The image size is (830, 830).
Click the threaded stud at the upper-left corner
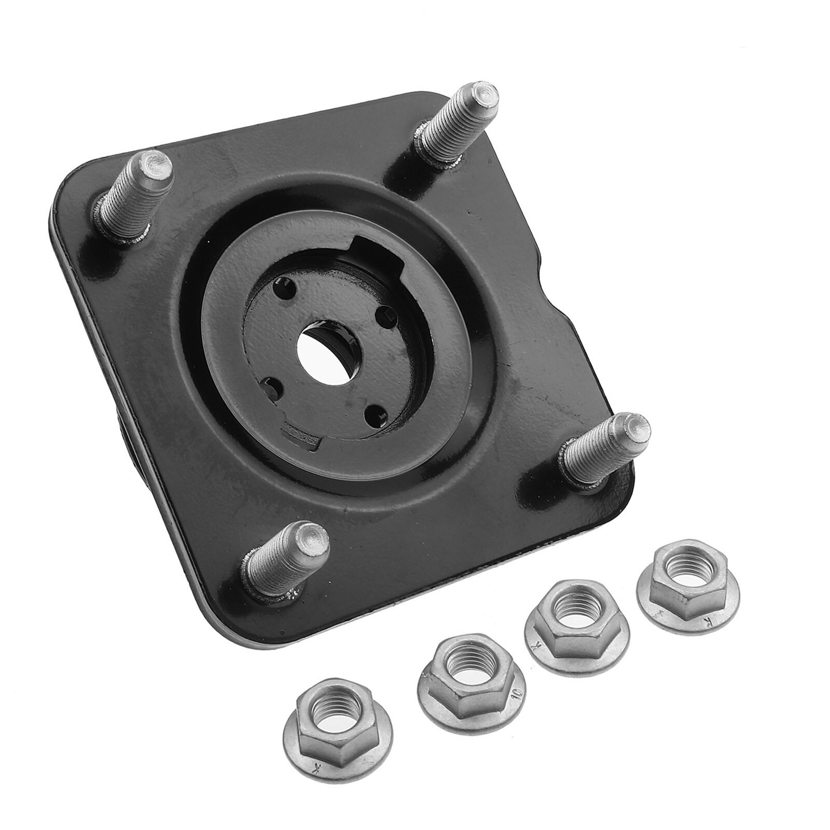point(136,193)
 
